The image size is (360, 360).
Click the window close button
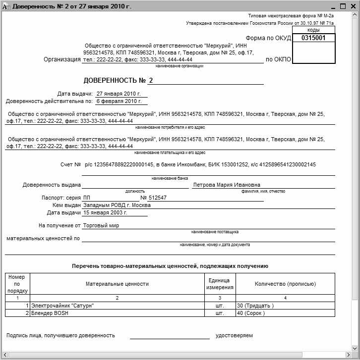click(x=353, y=6)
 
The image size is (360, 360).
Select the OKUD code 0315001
click(x=313, y=38)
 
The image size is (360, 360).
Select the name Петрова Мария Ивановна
click(x=227, y=185)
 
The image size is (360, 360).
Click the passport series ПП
click(x=87, y=198)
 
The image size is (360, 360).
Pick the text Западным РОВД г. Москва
click(x=117, y=205)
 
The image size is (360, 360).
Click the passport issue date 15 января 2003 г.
click(x=105, y=212)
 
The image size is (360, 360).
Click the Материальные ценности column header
click(x=117, y=284)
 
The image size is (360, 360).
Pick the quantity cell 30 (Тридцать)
click(x=255, y=306)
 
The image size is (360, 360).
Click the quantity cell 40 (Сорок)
click(x=251, y=313)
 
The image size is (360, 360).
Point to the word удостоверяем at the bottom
click(x=234, y=335)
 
